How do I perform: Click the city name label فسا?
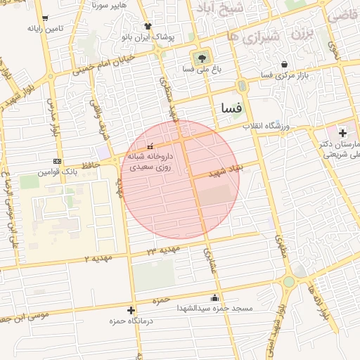coord(231,109)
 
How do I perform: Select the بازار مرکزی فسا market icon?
coord(284,63)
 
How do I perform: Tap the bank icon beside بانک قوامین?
coord(57,161)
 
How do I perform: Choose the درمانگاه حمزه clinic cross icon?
coord(131,310)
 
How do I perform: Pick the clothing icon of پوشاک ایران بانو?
coord(148,26)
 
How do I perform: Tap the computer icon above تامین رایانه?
coord(46,18)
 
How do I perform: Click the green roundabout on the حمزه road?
coord(288,283)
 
